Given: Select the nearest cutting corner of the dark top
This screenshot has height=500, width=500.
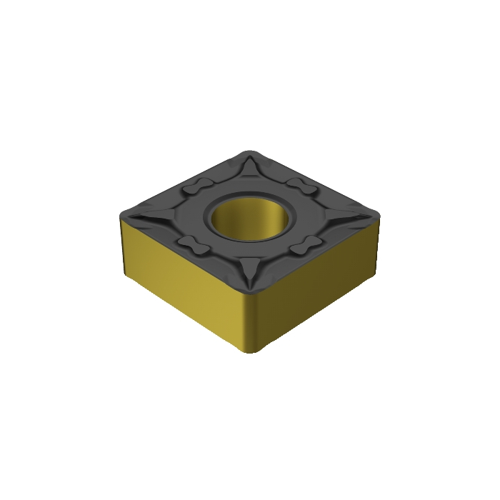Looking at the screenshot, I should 251,291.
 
